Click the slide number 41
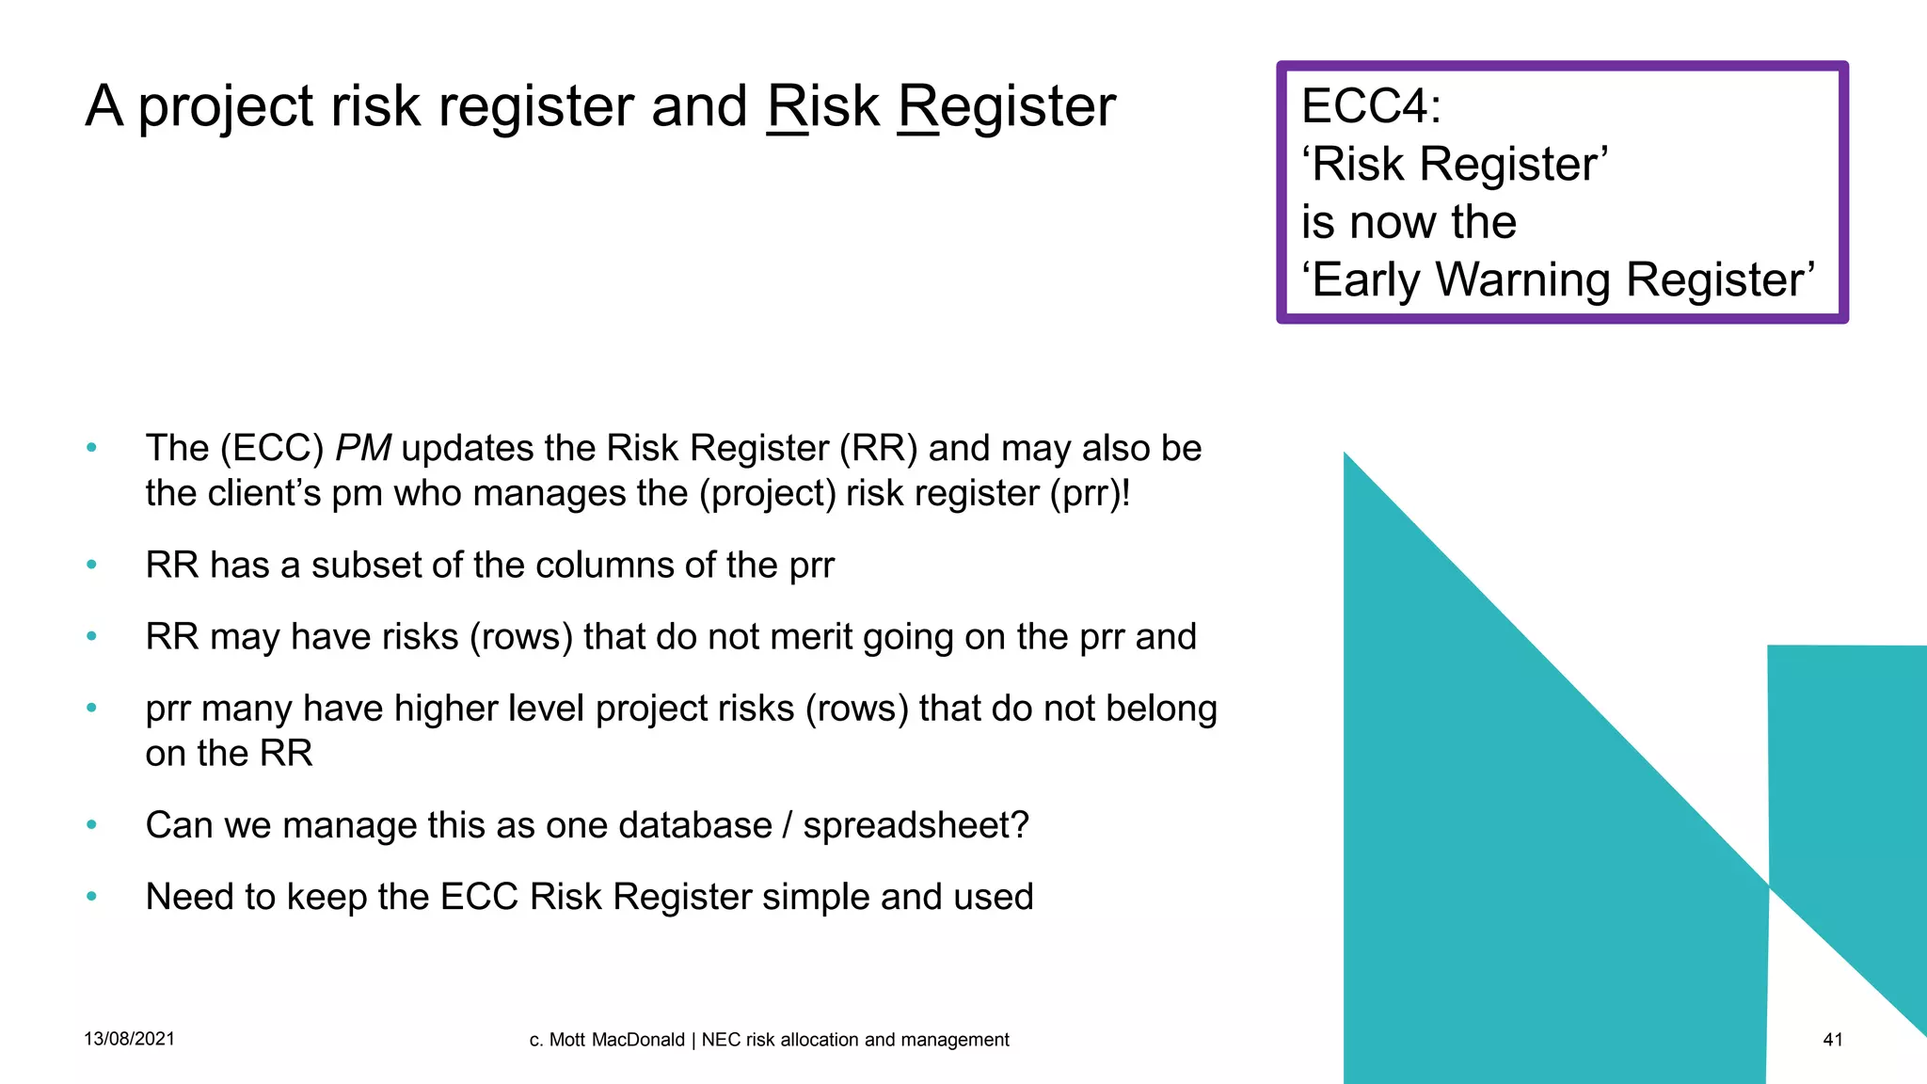pyautogui.click(x=1832, y=1040)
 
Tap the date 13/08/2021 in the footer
pyautogui.click(x=129, y=1039)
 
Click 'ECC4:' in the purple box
pyautogui.click(x=1371, y=105)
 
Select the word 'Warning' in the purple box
pyautogui.click(x=1524, y=279)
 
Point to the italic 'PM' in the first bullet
pyautogui.click(x=363, y=448)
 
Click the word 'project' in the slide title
pyautogui.click(x=226, y=106)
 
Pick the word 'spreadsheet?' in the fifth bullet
pyautogui.click(x=916, y=825)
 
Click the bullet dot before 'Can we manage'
pyautogui.click(x=91, y=825)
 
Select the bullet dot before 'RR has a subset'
pyautogui.click(x=91, y=566)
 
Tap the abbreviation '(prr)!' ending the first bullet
pyautogui.click(x=1090, y=494)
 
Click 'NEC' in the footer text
pyautogui.click(x=721, y=1040)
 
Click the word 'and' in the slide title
pyautogui.click(x=699, y=106)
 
